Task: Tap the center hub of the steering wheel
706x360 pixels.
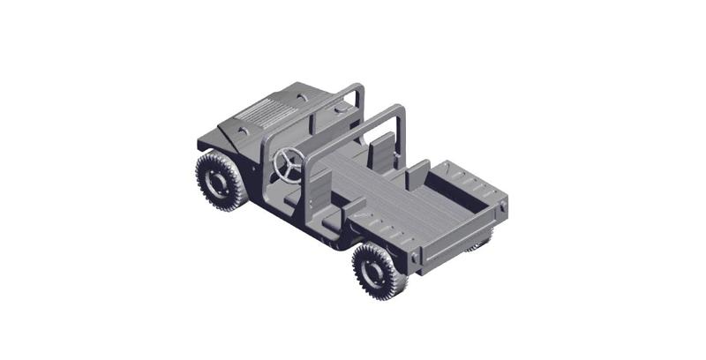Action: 289,163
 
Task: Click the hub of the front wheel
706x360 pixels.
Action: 214,180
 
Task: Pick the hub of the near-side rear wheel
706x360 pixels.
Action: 372,271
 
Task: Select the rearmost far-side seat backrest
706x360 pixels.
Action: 417,174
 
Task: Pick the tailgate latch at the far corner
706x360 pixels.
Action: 503,205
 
